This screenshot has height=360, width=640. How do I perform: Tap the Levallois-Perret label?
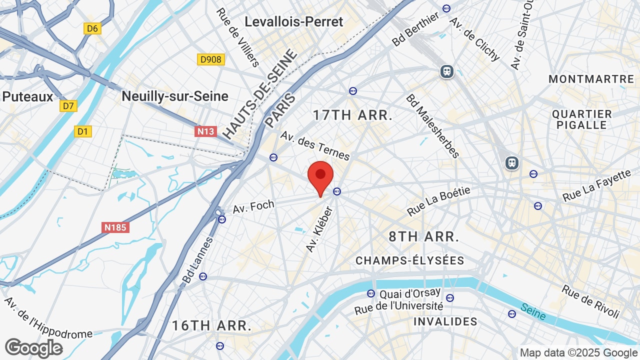point(294,21)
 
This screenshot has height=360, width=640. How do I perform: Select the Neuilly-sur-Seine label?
point(175,96)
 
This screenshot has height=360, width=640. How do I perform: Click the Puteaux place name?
point(27,96)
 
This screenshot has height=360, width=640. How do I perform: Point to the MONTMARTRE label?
point(591,79)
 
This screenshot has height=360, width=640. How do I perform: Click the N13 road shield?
point(205,131)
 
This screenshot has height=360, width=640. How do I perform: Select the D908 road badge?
point(210,59)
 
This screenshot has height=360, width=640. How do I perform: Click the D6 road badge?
point(92,28)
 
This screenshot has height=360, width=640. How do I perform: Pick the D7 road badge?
point(68,105)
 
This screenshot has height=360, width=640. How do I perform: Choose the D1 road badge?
point(83,131)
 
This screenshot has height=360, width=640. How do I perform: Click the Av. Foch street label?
point(254,206)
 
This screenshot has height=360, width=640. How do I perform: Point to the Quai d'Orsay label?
point(410,293)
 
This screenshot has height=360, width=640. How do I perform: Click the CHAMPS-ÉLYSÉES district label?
point(409,260)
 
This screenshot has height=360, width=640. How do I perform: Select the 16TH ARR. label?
point(211,325)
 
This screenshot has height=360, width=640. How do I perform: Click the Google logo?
point(33,348)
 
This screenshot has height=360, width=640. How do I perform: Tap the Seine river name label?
point(532,311)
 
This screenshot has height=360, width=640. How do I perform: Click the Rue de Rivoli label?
point(590,301)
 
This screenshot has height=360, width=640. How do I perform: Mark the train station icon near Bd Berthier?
point(447,71)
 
